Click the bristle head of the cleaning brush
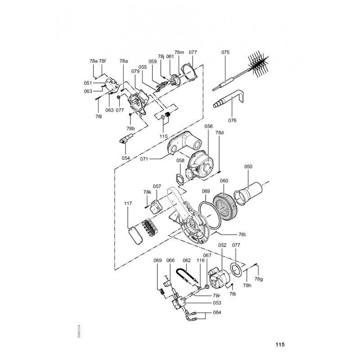coord(259,64)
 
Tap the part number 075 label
coord(225,52)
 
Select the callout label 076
coord(232,120)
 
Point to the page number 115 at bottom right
coord(280,345)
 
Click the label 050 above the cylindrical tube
coord(248,166)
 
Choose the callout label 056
coord(208,126)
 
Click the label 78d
coord(219,133)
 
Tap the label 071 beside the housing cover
coord(144,159)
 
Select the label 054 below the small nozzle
coord(126,158)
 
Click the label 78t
coord(242,234)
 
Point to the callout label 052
coord(222,245)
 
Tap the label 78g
coord(258,279)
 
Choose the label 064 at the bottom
coord(217,312)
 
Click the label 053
coord(217,303)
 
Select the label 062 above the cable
coord(187,261)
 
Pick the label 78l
coord(98,117)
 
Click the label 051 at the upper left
coord(88,83)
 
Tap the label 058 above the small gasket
coord(180,161)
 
